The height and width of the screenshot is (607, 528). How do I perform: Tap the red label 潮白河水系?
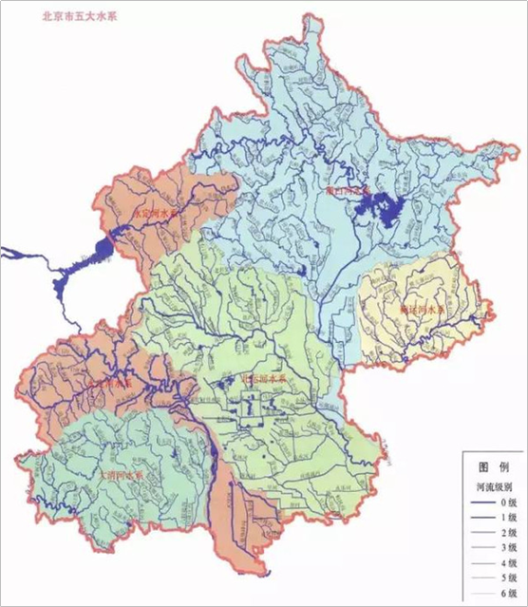(x=346, y=190)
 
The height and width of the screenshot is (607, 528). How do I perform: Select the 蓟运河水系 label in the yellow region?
(x=419, y=309)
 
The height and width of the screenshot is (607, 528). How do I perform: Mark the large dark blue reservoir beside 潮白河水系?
(x=382, y=204)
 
